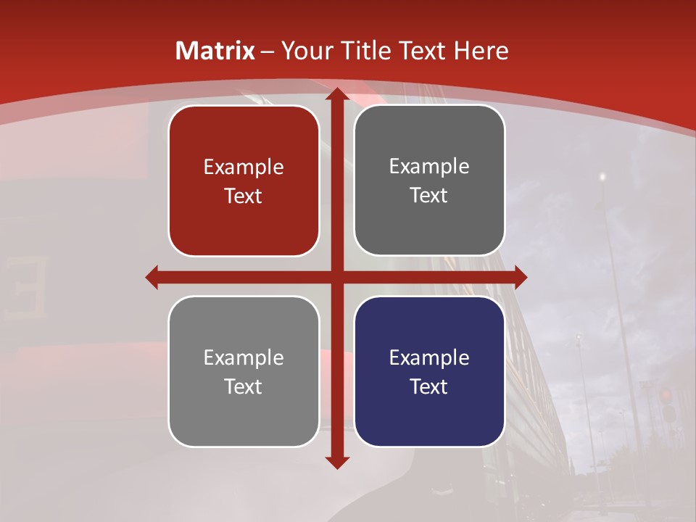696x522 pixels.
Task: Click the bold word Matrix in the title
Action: tap(215, 51)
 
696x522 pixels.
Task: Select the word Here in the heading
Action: tap(481, 51)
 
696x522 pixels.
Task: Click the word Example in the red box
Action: tap(244, 167)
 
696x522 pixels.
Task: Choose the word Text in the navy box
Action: tap(429, 386)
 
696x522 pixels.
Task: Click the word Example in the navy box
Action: tap(429, 357)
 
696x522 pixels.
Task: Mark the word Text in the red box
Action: tap(244, 196)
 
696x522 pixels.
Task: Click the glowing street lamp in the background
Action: tap(602, 176)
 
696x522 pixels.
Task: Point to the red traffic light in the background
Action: tap(665, 395)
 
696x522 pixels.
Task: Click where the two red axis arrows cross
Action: tap(337, 277)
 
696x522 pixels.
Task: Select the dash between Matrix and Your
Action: tap(268, 51)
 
